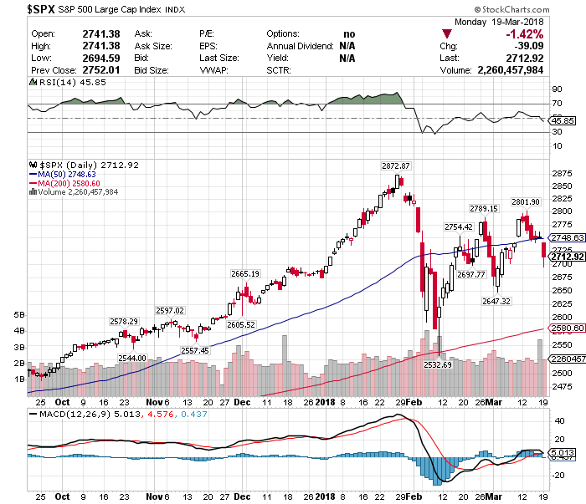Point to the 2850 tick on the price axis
coord(561,186)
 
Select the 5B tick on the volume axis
coord(20,315)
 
